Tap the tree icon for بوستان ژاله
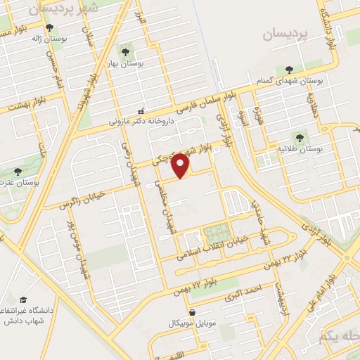[49, 27]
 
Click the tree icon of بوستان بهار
[124, 51]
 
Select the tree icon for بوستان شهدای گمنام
[290, 69]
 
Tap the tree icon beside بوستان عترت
[18, 171]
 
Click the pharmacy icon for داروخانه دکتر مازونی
[141, 110]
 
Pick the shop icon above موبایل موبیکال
[193, 311]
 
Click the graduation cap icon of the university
[23, 300]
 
